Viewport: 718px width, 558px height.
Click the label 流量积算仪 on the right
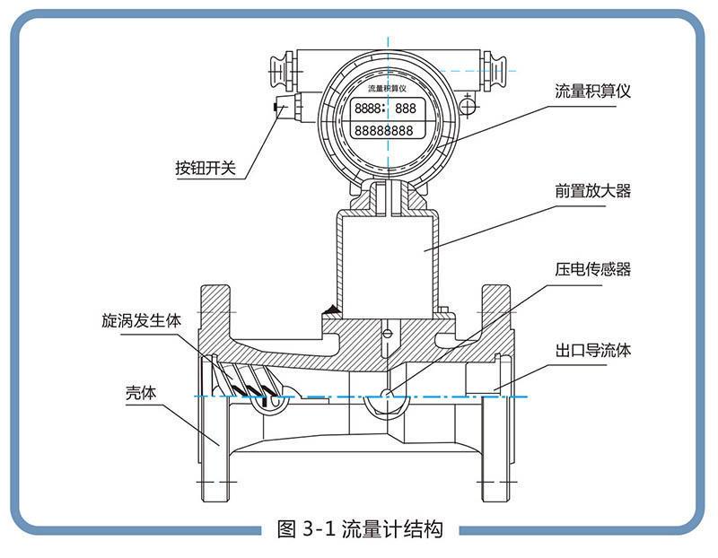[x=594, y=92]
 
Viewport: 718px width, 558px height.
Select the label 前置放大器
[x=592, y=191]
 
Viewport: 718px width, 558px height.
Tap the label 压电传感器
[x=592, y=270]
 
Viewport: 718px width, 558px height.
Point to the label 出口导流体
[x=592, y=350]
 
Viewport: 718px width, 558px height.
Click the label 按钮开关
[x=206, y=168]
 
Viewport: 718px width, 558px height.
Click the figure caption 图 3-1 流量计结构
[x=360, y=528]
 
